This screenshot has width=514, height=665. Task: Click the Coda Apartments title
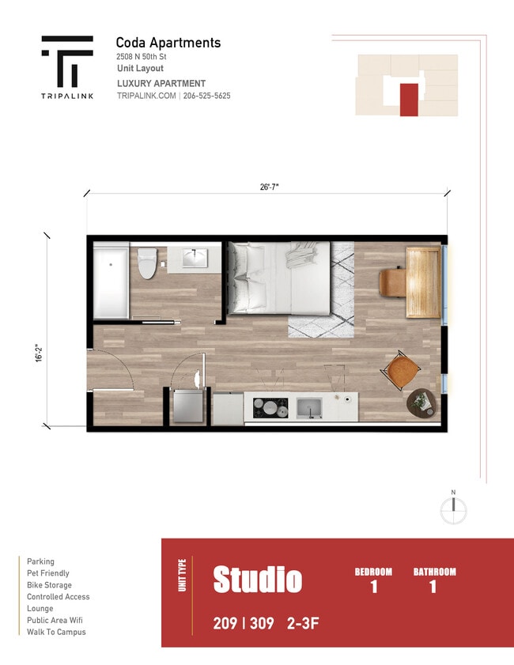click(168, 43)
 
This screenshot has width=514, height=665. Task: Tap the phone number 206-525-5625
click(206, 96)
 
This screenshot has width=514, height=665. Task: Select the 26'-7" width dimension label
click(269, 187)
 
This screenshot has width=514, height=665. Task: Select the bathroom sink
click(194, 258)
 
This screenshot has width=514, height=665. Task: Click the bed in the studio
click(280, 278)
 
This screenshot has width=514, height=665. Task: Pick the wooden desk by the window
click(424, 281)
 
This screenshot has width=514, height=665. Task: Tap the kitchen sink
click(308, 408)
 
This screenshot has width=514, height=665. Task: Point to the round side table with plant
click(421, 402)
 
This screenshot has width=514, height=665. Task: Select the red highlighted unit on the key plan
click(408, 100)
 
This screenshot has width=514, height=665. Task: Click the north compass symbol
click(453, 511)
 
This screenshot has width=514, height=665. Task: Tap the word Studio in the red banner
click(257, 580)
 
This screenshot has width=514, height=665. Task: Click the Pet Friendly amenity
click(48, 573)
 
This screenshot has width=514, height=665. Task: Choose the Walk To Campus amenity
click(56, 632)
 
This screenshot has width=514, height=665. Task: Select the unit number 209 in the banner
click(225, 624)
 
